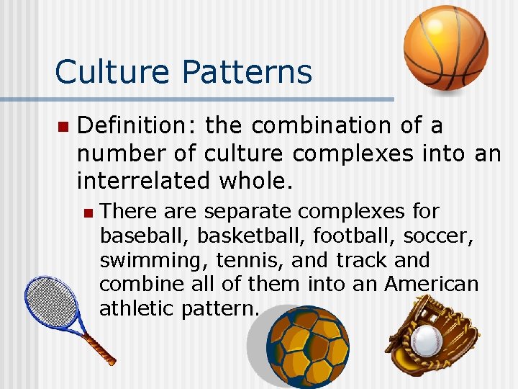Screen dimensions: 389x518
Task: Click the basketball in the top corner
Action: [445, 48]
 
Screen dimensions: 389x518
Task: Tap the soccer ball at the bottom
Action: [307, 347]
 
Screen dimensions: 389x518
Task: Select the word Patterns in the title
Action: [247, 72]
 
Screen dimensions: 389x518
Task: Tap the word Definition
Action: [136, 125]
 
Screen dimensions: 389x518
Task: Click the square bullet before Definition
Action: [62, 127]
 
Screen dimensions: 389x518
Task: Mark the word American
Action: [431, 285]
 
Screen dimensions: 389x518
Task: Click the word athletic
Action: [136, 309]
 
